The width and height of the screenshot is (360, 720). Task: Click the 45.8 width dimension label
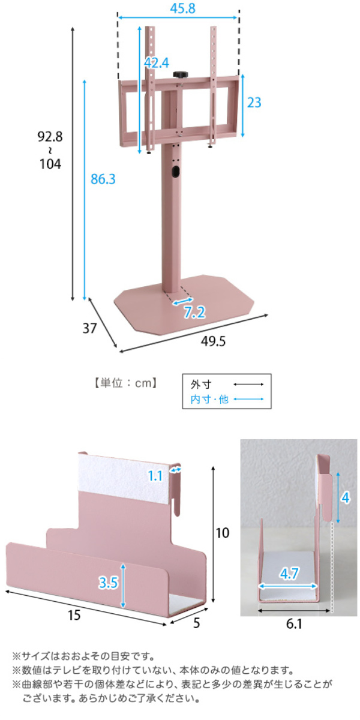coord(182,8)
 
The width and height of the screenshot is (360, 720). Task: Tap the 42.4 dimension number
coord(157,62)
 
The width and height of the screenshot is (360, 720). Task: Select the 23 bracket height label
coord(254,103)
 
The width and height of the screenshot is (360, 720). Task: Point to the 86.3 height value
coord(103,179)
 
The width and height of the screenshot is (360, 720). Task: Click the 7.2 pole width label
coord(195,312)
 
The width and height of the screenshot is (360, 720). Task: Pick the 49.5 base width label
coord(214,341)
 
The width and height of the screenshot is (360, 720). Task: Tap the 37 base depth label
coord(89,328)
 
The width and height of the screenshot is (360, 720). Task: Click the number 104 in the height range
coord(50,164)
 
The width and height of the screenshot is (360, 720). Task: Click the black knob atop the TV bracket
coord(180,74)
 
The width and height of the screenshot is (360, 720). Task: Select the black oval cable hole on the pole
coord(175,171)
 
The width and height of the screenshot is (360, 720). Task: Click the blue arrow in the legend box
coord(248,399)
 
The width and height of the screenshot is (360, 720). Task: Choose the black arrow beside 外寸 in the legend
coord(248,384)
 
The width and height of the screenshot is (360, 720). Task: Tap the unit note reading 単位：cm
coord(125,383)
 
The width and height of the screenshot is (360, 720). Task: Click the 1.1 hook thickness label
coord(155,476)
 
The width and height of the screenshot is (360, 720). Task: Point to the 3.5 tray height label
coord(109,583)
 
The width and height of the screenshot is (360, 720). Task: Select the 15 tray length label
coord(74,615)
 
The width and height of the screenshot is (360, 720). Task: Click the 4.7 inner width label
coord(289,574)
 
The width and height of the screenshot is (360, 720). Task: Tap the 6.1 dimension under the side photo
coord(294,624)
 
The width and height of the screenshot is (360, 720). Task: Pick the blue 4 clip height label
coord(346,498)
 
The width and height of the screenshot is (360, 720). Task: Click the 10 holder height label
coord(223,533)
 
